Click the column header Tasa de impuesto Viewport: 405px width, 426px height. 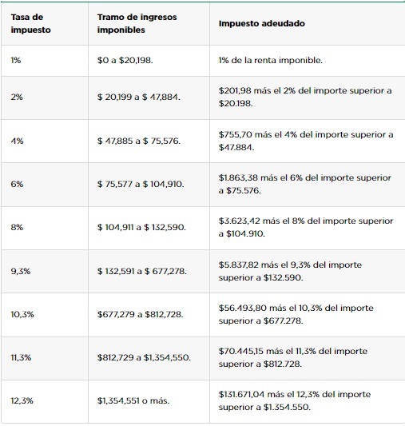click(30, 23)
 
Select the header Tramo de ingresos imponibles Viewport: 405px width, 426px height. click(137, 23)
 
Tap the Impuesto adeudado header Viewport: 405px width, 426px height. click(262, 23)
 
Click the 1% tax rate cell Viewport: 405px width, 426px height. click(16, 60)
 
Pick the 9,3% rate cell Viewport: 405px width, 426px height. click(21, 271)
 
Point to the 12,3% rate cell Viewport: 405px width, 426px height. click(22, 400)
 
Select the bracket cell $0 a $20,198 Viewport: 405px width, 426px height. click(125, 60)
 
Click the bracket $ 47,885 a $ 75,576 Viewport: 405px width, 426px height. click(139, 141)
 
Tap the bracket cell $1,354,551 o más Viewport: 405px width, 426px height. click(133, 400)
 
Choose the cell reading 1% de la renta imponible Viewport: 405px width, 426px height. click(271, 60)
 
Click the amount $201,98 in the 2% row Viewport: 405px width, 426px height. click(235, 90)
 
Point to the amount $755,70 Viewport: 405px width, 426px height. click(235, 134)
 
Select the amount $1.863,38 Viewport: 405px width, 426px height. click(238, 177)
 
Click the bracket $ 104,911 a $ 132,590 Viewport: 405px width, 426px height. click(141, 228)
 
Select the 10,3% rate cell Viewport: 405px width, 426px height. click(22, 315)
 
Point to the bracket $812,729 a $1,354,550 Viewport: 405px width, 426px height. click(144, 357)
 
